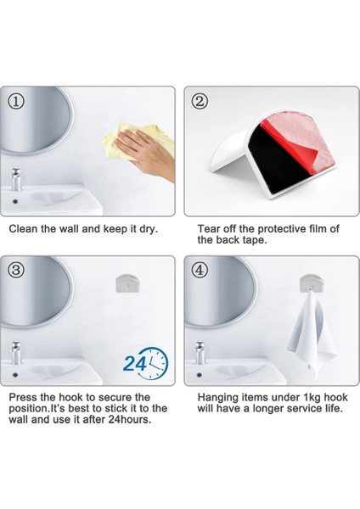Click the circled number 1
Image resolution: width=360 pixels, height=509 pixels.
pos(16,102)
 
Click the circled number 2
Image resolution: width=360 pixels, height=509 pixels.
pos(200,102)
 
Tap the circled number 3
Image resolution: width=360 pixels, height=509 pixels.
pos(16,270)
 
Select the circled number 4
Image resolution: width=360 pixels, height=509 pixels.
pos(200,270)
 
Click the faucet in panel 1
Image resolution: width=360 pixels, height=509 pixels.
pos(15,179)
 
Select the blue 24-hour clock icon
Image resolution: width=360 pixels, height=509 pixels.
pos(145,364)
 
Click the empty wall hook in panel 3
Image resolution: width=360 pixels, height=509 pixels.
pos(128,283)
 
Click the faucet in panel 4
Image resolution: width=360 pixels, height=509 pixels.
pos(200,353)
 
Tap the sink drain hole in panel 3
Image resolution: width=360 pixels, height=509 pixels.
pos(15,375)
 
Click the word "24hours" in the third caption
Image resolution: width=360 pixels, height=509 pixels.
pos(130,419)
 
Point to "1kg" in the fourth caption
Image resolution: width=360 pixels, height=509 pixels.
pos(312,398)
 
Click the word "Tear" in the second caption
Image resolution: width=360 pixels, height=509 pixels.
pos(208,229)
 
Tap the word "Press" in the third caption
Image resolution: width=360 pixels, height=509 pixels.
pos(23,397)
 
